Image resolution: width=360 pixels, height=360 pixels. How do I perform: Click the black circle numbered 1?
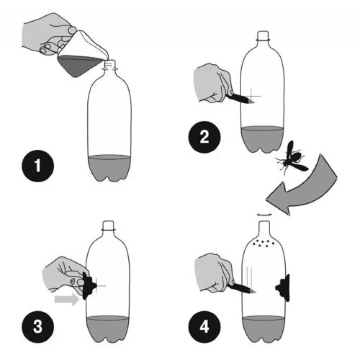click(38, 166)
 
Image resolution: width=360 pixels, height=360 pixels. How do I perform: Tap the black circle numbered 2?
click(204, 137)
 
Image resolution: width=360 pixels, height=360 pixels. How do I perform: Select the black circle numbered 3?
click(38, 327)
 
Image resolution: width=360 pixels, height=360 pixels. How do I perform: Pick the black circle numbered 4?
click(204, 327)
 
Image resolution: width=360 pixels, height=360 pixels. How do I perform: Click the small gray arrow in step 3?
click(67, 299)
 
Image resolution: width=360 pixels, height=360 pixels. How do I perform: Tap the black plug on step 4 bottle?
click(283, 288)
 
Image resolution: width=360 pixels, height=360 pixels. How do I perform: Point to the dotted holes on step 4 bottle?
click(264, 243)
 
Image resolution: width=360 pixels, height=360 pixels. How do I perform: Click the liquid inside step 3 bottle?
click(108, 329)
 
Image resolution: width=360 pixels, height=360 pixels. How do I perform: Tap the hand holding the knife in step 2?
click(212, 83)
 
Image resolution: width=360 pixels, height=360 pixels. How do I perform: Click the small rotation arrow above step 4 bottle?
click(264, 215)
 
